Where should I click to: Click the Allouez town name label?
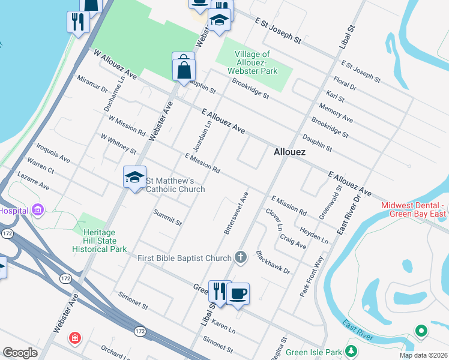289,152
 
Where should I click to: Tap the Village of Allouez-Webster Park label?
256,62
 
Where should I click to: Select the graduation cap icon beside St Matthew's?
134,177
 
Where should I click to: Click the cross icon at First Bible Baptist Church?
241,258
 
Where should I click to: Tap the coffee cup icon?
238,293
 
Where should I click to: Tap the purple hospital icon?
38,210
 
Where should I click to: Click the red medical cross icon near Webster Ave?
74,338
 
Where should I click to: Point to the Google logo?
20,353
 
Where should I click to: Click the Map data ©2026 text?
423,355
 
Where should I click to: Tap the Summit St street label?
167,218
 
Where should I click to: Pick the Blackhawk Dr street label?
273,262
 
